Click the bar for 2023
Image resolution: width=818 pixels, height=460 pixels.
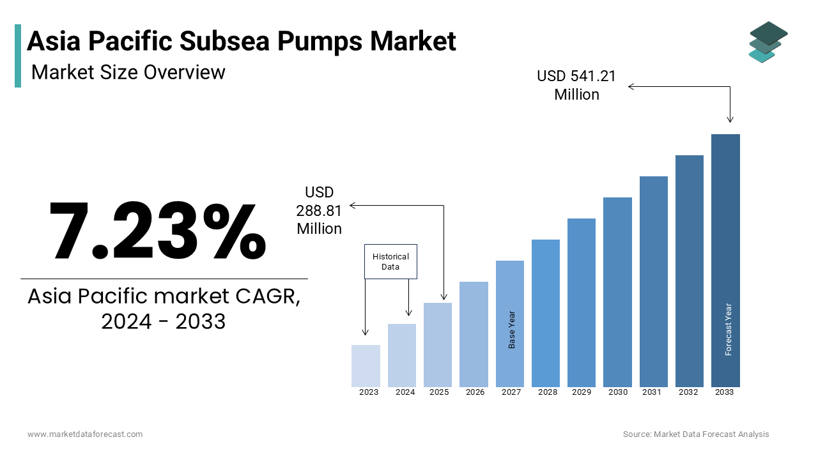pyautogui.click(x=366, y=366)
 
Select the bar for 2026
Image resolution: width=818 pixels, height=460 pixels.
pyautogui.click(x=474, y=334)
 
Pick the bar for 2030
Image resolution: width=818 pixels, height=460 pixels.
pyautogui.click(x=617, y=292)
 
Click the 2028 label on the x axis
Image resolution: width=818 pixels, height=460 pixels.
pyautogui.click(x=547, y=392)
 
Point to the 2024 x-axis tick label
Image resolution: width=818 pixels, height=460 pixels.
pyautogui.click(x=405, y=392)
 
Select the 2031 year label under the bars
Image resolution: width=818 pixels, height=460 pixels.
pyautogui.click(x=651, y=392)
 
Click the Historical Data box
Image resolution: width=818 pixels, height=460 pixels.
pyautogui.click(x=390, y=261)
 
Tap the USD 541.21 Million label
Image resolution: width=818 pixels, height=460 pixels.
pyautogui.click(x=576, y=85)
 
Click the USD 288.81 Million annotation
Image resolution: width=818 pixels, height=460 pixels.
pyautogui.click(x=319, y=210)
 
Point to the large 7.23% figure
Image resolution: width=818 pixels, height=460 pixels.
pyautogui.click(x=157, y=231)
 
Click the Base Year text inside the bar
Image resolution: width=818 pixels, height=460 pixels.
pyautogui.click(x=511, y=330)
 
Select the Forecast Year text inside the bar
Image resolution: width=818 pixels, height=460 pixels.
pyautogui.click(x=728, y=329)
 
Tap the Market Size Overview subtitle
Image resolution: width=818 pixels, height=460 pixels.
pyautogui.click(x=128, y=72)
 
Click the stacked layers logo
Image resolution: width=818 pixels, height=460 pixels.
pyautogui.click(x=768, y=42)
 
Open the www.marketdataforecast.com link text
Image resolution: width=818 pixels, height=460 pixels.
pyautogui.click(x=85, y=434)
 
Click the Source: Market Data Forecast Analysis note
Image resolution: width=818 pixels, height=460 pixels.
pyautogui.click(x=696, y=434)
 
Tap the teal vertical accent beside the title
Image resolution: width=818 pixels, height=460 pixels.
pyautogui.click(x=18, y=56)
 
